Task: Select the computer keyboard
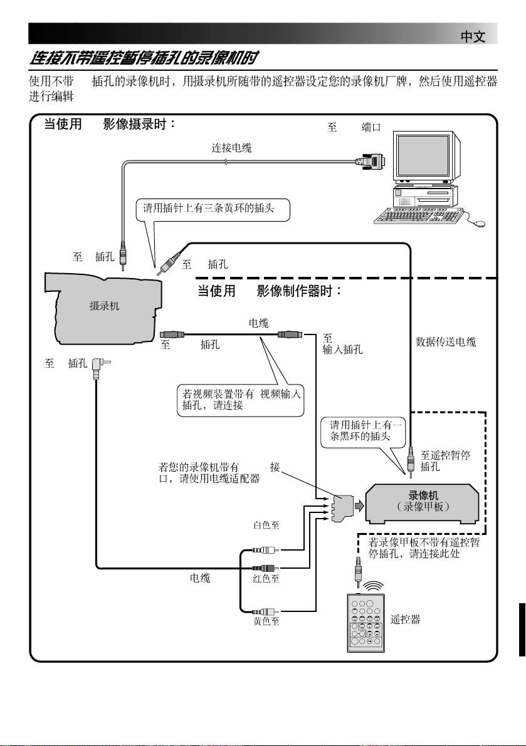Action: pos(419,215)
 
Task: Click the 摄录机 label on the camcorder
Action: pos(104,306)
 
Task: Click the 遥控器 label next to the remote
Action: pos(405,619)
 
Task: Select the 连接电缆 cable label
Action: pos(232,148)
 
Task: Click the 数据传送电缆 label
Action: pos(446,342)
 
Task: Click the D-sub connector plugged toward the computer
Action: pos(370,162)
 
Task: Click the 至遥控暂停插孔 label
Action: pos(445,461)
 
